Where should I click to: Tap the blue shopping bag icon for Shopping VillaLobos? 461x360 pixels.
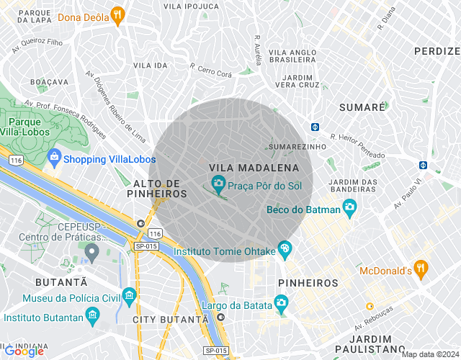pyautogui.click(x=54, y=158)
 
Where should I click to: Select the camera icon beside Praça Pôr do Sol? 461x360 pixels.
pyautogui.click(x=218, y=185)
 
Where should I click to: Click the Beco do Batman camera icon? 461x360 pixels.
pyautogui.click(x=350, y=209)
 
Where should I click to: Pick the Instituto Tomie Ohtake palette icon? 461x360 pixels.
pyautogui.click(x=285, y=250)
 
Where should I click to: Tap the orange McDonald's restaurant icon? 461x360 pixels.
pyautogui.click(x=421, y=270)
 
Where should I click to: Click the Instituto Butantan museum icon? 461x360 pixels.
pyautogui.click(x=92, y=316)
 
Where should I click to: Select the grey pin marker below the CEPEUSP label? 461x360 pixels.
pyautogui.click(x=91, y=253)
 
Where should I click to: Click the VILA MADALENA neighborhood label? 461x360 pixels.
pyautogui.click(x=254, y=168)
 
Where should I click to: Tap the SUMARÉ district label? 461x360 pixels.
pyautogui.click(x=362, y=107)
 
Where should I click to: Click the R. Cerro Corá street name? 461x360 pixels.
pyautogui.click(x=211, y=70)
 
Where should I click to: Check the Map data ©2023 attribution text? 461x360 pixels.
pyautogui.click(x=430, y=354)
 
